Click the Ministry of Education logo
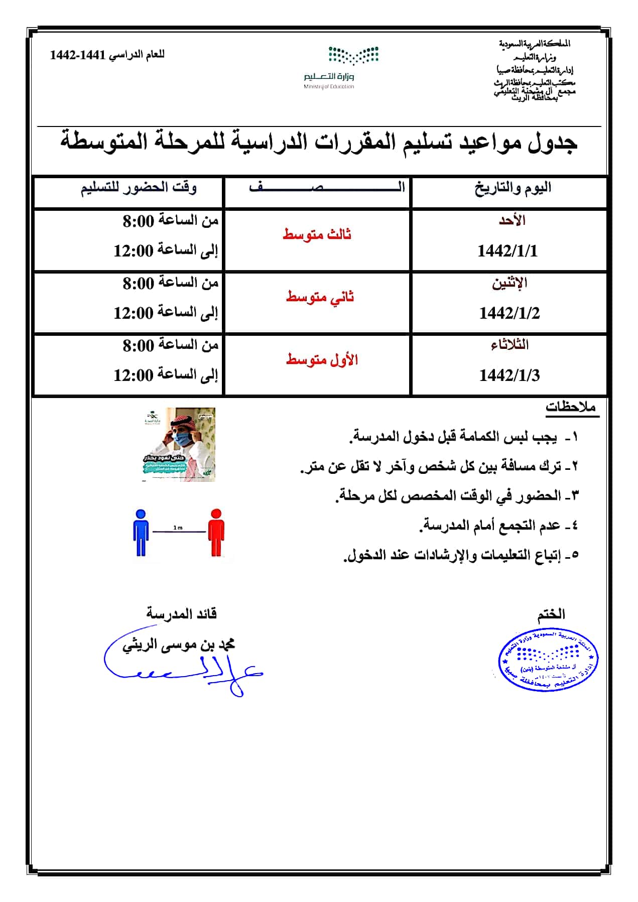coord(340,67)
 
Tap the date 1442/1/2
coord(509,313)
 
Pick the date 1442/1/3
coord(509,375)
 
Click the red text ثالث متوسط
coord(317,234)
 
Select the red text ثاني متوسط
coord(320,297)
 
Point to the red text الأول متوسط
coord(322,359)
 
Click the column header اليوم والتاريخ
coord(513,188)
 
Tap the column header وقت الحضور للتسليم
coord(139,188)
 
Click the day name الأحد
coord(512,220)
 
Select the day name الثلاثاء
coord(509,345)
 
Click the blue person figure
coord(141,533)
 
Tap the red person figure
coord(216,533)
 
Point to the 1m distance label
coord(178,528)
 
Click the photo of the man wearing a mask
coord(178,445)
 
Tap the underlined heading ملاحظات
coord(572,407)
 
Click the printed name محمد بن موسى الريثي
coord(179,645)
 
